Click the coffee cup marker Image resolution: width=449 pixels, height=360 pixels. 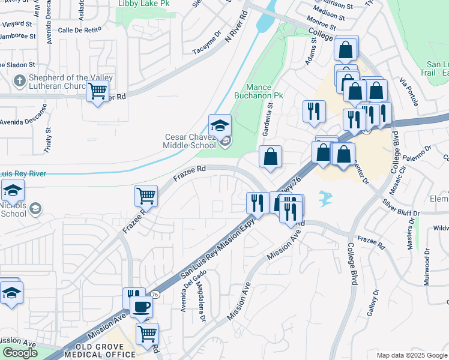[142, 307]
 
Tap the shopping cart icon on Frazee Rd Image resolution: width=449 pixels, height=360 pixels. [146, 196]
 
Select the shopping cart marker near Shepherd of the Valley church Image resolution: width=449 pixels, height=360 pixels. [97, 92]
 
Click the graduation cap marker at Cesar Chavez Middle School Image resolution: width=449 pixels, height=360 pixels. [220, 125]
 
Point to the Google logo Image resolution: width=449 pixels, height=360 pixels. [20, 353]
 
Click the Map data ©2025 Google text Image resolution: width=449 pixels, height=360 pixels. [412, 355]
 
